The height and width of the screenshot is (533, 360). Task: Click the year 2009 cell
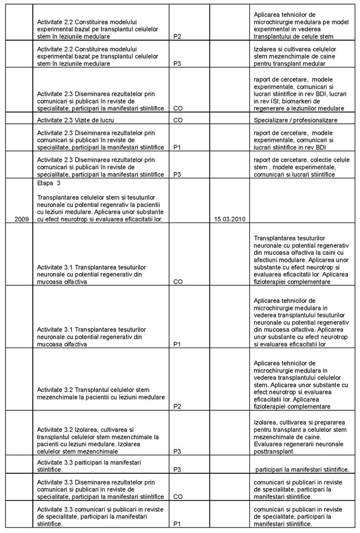[x=20, y=219]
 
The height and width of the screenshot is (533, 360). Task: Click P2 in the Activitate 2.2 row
[x=177, y=36]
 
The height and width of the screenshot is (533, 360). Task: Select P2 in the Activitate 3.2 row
[x=177, y=406]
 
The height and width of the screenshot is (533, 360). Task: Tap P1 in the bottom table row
[x=177, y=523]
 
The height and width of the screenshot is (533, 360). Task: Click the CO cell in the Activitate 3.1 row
[x=178, y=281]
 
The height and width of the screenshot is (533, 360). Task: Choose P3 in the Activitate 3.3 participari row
[x=177, y=470]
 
